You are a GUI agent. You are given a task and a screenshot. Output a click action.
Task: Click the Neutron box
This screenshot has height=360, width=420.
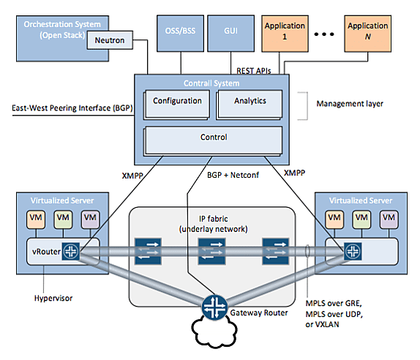point(110,40)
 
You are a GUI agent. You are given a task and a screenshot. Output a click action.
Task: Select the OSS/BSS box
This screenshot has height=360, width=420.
point(180,34)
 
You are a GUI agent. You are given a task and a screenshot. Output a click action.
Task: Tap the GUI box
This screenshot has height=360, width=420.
point(231,34)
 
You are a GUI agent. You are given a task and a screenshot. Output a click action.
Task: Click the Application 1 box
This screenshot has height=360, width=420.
point(285,34)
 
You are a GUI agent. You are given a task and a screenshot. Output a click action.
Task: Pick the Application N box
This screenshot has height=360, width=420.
point(368,34)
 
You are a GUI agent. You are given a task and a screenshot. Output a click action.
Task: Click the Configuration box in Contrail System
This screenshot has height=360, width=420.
point(177,104)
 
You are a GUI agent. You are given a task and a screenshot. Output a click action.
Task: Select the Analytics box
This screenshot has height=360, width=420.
point(250,104)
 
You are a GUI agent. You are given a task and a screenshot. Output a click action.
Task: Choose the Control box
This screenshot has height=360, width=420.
point(214,140)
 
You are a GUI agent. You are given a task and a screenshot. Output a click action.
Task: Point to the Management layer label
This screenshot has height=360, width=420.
point(350,104)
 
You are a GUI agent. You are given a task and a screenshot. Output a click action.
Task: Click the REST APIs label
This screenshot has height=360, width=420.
point(254,71)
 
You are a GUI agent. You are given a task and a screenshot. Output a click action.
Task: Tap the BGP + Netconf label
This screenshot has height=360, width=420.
point(233,175)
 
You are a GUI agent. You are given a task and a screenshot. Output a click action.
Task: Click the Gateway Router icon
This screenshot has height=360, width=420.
point(214,307)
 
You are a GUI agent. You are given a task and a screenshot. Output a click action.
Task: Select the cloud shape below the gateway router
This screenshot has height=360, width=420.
point(214,332)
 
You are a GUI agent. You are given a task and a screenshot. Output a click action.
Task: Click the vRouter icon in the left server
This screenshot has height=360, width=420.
point(71,251)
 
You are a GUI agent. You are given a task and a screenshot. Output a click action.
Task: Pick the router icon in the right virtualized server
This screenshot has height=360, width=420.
point(353,251)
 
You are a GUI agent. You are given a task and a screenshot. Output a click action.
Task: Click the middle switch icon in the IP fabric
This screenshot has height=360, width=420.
point(211,251)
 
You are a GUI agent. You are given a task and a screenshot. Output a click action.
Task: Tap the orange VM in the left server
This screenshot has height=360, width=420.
point(36,220)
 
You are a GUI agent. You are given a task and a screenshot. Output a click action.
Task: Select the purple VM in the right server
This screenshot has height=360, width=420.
point(389,220)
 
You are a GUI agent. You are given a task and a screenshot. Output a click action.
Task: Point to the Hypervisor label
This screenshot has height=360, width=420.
point(53,299)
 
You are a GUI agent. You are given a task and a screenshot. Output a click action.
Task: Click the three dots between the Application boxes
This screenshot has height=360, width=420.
point(324,34)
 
